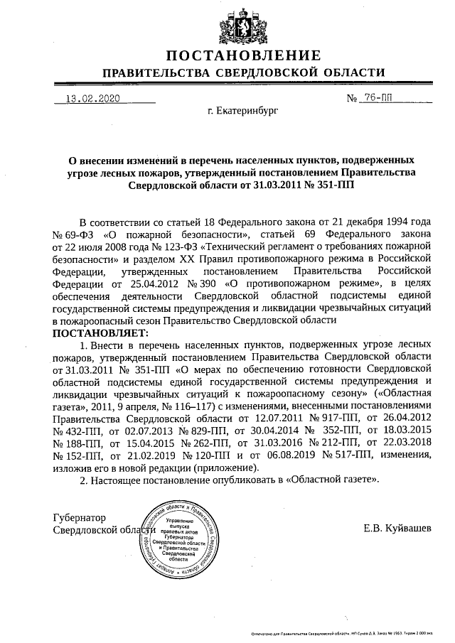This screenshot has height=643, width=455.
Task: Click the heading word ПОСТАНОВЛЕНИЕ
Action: (x=243, y=56)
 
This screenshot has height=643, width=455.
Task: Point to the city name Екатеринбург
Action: (x=243, y=112)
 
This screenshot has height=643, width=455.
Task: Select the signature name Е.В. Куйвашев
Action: (x=396, y=528)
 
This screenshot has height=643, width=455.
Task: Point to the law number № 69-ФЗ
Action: (x=77, y=233)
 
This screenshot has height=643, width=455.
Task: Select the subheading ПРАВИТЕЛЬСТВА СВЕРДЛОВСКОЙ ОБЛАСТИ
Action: (x=243, y=73)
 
